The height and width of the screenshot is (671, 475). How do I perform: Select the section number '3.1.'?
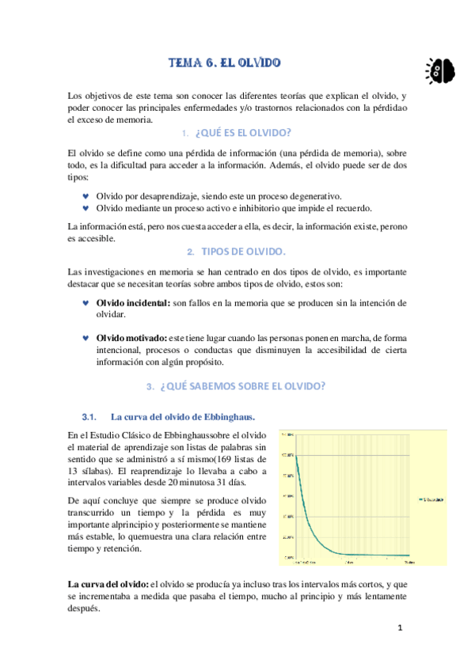pos(89,416)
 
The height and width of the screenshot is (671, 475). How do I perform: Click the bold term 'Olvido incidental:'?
pos(132,303)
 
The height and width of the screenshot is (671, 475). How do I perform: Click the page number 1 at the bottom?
pos(401,628)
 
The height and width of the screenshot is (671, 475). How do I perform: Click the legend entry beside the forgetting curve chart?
pos(430,499)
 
